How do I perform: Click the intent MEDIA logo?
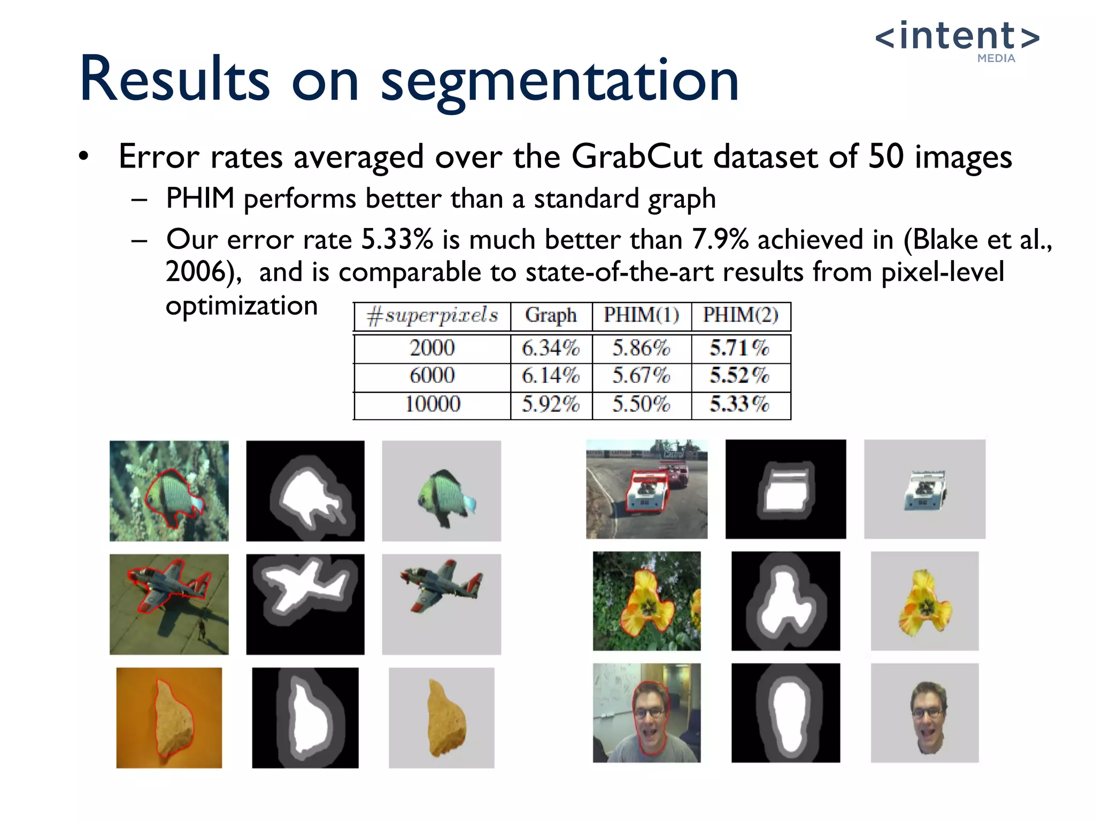click(x=957, y=40)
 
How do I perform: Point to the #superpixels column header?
click(x=432, y=316)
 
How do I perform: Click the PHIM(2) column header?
click(x=741, y=315)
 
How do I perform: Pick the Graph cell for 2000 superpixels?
click(x=551, y=348)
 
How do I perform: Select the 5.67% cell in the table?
click(x=641, y=376)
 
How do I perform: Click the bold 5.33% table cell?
click(x=739, y=404)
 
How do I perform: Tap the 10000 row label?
click(x=432, y=404)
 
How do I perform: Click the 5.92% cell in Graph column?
click(x=551, y=404)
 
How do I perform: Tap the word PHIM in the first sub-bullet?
click(x=200, y=199)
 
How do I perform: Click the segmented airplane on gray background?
click(x=441, y=585)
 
